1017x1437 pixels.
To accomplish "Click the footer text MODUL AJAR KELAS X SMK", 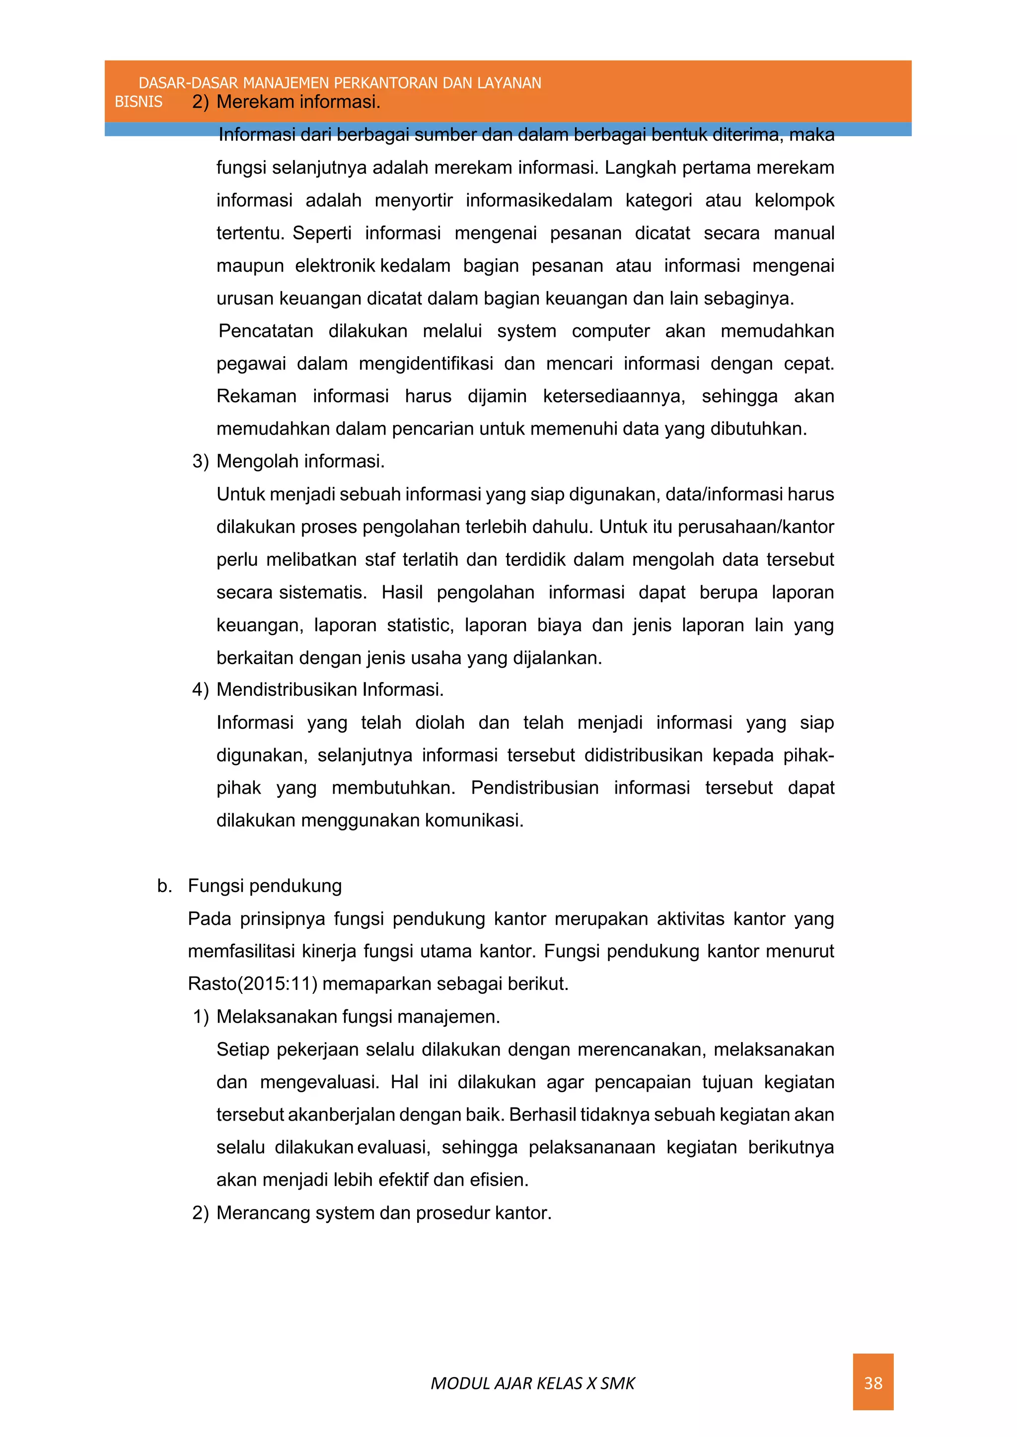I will (532, 1383).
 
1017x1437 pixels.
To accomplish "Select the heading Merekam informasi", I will (298, 101).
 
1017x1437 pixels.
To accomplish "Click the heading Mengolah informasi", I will (300, 461).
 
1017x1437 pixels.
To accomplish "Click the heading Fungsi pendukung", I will (264, 886).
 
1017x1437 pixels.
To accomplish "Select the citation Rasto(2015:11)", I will (252, 983).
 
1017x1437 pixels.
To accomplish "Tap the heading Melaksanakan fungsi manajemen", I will (358, 1016).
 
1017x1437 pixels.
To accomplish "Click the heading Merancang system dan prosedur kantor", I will (383, 1213).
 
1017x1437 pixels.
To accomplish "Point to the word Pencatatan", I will (266, 331).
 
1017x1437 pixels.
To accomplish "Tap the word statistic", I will (420, 624).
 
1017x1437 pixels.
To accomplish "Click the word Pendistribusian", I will (534, 787).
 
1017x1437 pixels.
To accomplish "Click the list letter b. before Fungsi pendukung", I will (164, 886).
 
